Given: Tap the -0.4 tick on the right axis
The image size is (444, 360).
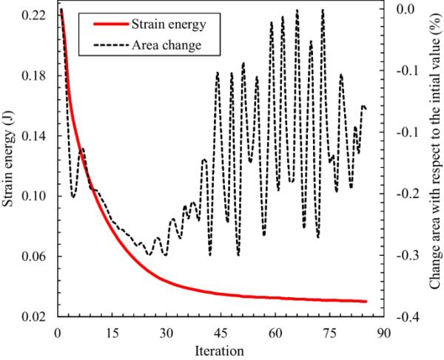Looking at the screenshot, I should coord(402,317).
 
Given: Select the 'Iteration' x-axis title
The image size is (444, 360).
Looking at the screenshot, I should coord(219,347).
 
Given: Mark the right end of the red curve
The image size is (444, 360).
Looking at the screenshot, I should coord(366,301).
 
